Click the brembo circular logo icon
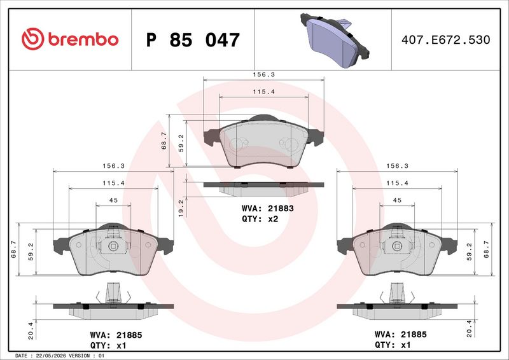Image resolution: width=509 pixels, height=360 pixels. (x=33, y=39)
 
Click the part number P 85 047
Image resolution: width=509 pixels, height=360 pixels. (x=193, y=40)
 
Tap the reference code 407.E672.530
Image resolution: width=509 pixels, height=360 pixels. (x=446, y=39)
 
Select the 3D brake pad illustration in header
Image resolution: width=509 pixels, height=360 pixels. (x=335, y=40)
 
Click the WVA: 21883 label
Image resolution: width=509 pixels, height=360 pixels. (x=268, y=208)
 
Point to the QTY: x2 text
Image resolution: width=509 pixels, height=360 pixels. (x=260, y=219)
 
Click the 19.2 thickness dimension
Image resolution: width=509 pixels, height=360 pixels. (x=181, y=208)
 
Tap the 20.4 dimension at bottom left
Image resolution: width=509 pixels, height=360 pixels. (x=31, y=331)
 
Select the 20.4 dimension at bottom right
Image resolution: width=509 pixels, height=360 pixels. (x=469, y=328)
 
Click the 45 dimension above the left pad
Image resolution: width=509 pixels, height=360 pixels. (x=113, y=200)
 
